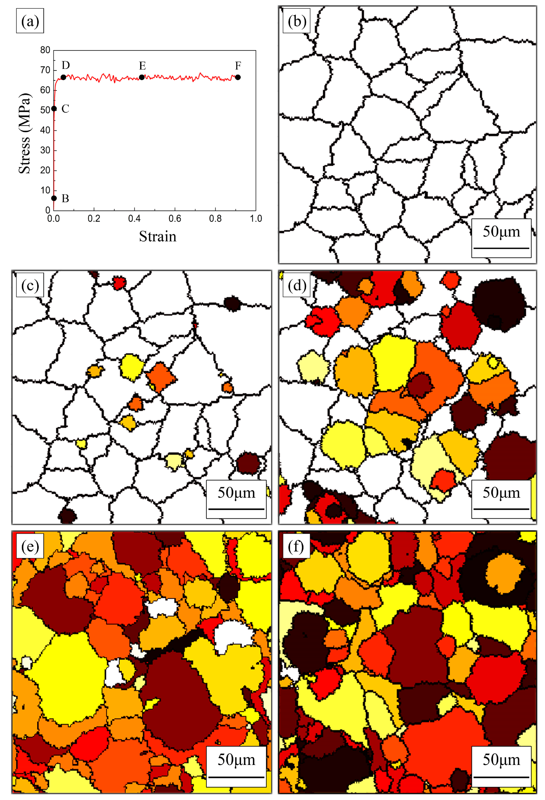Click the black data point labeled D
(63, 77)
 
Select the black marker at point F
(238, 77)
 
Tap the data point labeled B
(54, 198)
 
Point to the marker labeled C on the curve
(54, 109)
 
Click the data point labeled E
(142, 77)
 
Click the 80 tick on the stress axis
(45, 50)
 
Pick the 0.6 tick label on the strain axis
(175, 218)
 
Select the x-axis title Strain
(157, 237)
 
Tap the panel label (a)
(30, 21)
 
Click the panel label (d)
(296, 285)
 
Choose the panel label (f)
(296, 546)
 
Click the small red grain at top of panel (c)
(119, 283)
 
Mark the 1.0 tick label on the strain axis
(256, 218)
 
